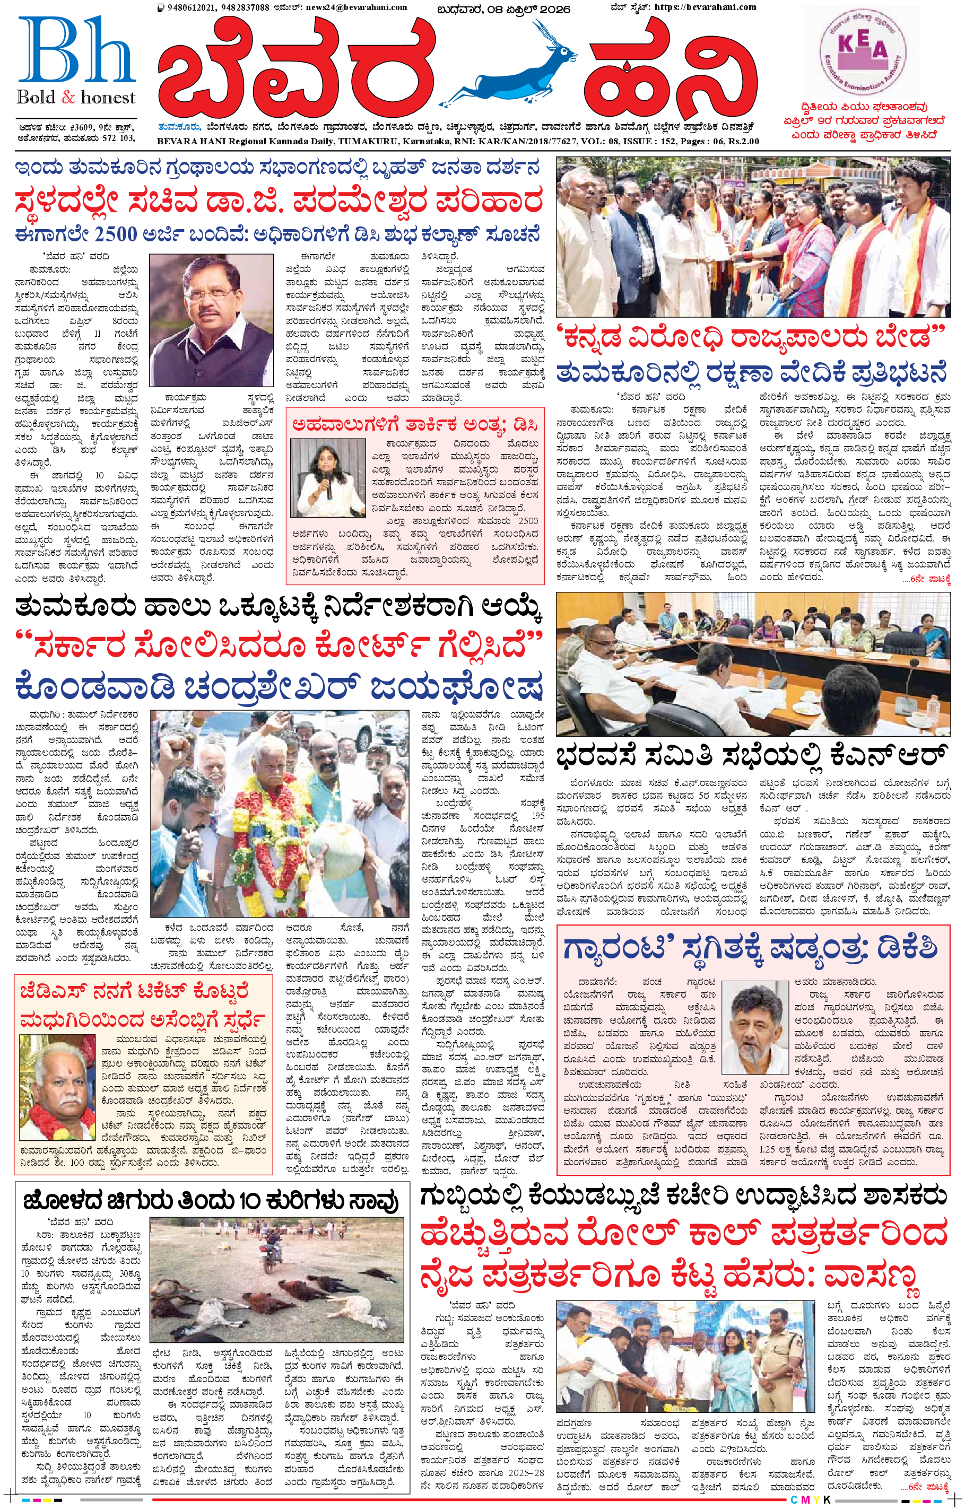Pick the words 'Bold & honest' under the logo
click(x=76, y=98)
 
